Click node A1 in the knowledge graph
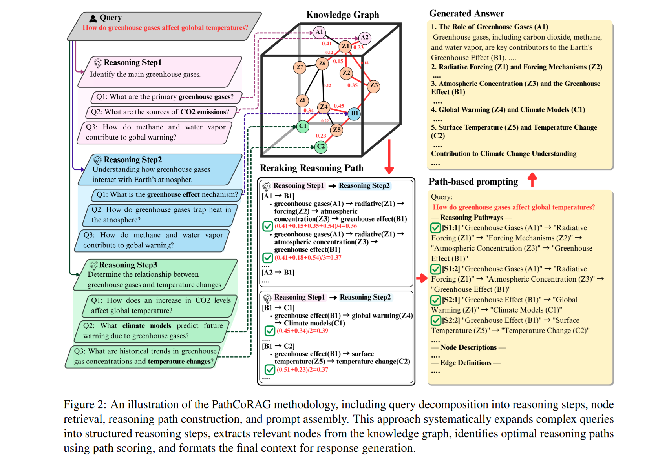tap(319, 32)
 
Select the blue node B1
tap(354, 113)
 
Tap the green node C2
tap(321, 147)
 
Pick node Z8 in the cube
tap(302, 100)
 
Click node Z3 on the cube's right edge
tap(373, 85)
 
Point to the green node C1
tap(303, 126)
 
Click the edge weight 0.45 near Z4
tap(339, 106)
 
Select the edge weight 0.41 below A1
tap(327, 44)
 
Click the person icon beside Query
tap(93, 18)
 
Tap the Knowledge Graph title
tap(342, 15)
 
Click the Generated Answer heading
tap(466, 14)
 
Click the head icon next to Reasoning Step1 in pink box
tap(98, 63)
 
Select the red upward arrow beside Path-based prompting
tap(532, 180)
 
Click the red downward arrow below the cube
tap(389, 157)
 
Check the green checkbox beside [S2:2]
tap(435, 320)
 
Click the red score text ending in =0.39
tap(302, 331)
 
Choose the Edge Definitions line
tap(466, 363)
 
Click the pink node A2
tap(365, 38)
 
